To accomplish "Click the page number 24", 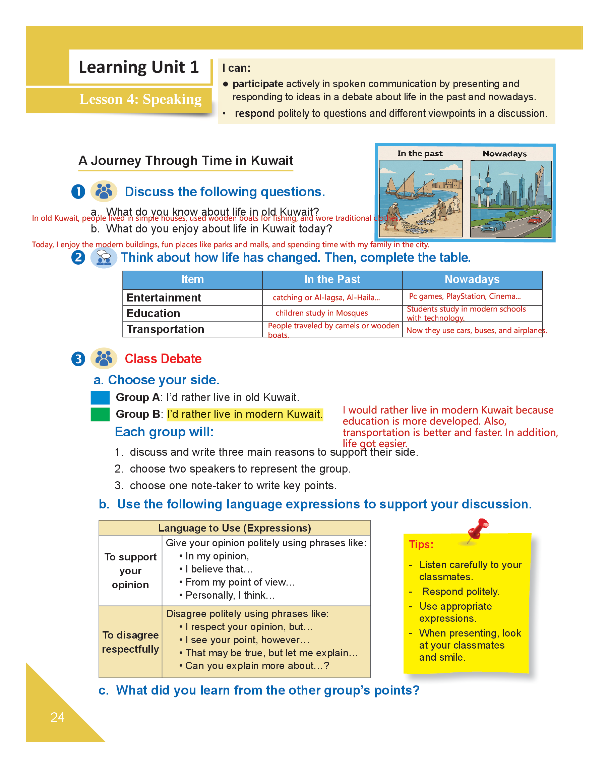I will coord(57,717).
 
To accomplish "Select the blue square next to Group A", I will coord(100,397).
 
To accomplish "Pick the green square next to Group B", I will coord(100,414).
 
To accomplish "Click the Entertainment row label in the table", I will coord(163,297).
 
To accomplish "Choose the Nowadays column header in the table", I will coord(472,279).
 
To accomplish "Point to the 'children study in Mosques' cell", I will coord(321,313).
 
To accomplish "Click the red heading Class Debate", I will coord(163,359).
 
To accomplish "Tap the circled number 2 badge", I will coord(78,257).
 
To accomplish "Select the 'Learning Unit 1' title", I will coord(138,67).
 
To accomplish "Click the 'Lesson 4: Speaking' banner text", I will coord(140,99).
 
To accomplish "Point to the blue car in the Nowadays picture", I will coord(493,225).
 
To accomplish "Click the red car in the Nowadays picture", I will coord(534,220).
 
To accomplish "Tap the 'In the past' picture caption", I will coord(420,154).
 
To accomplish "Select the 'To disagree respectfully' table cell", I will coord(130,642).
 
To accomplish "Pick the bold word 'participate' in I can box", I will coord(258,84).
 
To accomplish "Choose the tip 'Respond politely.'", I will coord(461,591).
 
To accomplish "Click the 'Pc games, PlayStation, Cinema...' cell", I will coord(465,296).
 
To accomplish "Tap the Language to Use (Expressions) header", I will coord(234,528).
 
